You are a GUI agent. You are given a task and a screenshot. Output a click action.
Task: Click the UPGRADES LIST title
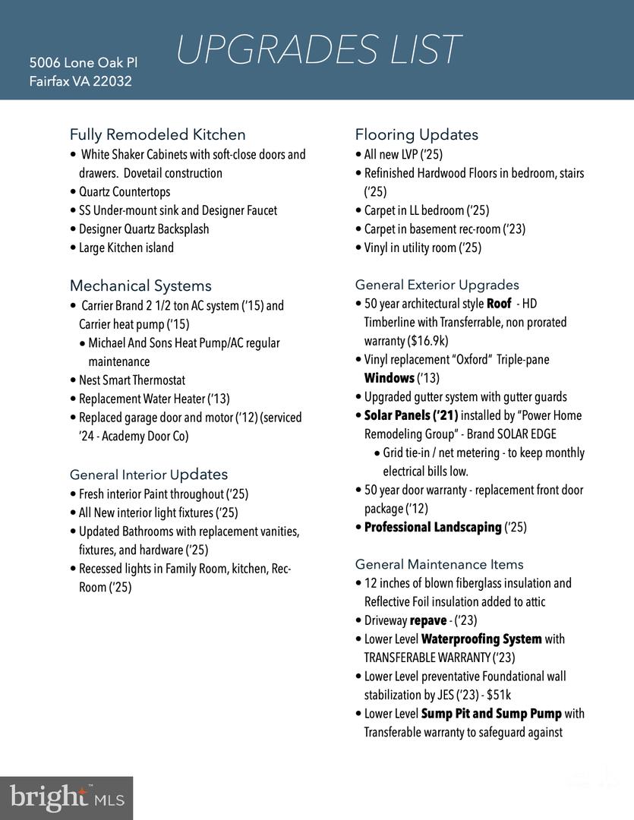[x=318, y=50]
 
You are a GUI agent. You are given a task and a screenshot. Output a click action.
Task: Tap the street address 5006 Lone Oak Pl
[x=84, y=62]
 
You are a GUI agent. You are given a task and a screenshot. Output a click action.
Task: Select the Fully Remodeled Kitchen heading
[x=158, y=134]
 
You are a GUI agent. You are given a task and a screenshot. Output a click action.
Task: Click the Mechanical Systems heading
[x=140, y=285]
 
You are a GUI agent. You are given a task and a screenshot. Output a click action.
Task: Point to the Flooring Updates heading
[x=417, y=134]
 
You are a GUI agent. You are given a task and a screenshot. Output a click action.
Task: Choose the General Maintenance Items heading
[x=440, y=564]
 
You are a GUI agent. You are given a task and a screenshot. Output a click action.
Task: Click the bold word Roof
[x=499, y=304]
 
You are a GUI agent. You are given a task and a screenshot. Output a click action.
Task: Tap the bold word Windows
[x=390, y=378]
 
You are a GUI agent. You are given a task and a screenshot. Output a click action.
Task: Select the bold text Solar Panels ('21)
[x=411, y=415]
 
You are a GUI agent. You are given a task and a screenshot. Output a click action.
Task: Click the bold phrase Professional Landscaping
[x=433, y=527]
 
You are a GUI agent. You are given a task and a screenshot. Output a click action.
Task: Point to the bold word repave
[x=428, y=620]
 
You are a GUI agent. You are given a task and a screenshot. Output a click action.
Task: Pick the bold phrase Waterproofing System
[x=481, y=639]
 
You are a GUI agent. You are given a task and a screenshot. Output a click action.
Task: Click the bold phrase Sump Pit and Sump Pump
[x=491, y=714]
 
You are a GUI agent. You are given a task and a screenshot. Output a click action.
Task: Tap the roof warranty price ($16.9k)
[x=427, y=341]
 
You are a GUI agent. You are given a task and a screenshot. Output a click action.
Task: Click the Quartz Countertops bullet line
[x=125, y=192]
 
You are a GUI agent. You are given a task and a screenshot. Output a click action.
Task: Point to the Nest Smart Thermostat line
[x=132, y=380]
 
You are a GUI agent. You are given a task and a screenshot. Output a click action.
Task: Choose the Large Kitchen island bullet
[x=126, y=248]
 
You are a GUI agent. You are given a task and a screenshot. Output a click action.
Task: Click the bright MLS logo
[x=66, y=798]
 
